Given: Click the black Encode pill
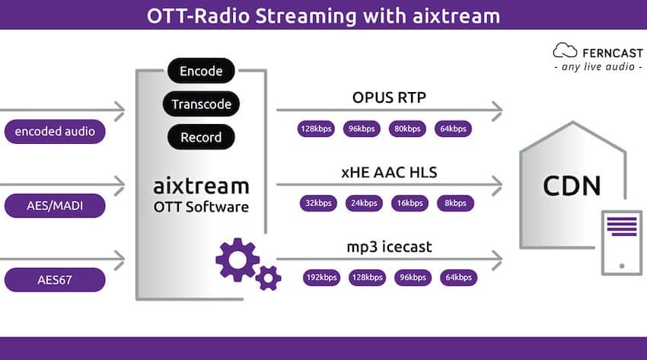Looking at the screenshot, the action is (x=201, y=71).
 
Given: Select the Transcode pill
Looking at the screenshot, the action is (x=201, y=104).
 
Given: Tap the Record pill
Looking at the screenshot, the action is (x=201, y=137).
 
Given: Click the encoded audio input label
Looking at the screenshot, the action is (x=55, y=132).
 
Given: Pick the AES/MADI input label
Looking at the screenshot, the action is (x=55, y=205).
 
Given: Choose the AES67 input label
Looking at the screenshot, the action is (x=55, y=280).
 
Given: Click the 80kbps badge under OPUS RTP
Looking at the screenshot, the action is (x=407, y=129).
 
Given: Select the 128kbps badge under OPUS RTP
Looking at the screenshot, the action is (x=316, y=129).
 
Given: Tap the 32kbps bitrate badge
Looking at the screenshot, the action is (x=318, y=203).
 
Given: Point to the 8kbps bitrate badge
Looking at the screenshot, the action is (x=455, y=203).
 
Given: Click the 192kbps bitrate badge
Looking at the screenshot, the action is (x=321, y=278).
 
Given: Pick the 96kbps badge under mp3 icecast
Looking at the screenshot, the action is (x=413, y=278).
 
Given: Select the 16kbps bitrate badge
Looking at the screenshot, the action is (x=410, y=203).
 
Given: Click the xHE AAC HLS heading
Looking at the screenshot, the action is (x=389, y=172).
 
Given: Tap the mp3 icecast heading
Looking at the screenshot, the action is (x=389, y=247).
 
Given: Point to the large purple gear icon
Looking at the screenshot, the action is (x=237, y=260).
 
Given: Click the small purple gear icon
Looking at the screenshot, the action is (x=268, y=279).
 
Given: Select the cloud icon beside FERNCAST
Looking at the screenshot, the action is (x=565, y=50).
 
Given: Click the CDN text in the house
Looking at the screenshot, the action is (x=572, y=186).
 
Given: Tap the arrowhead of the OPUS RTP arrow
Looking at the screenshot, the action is (x=498, y=110).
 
